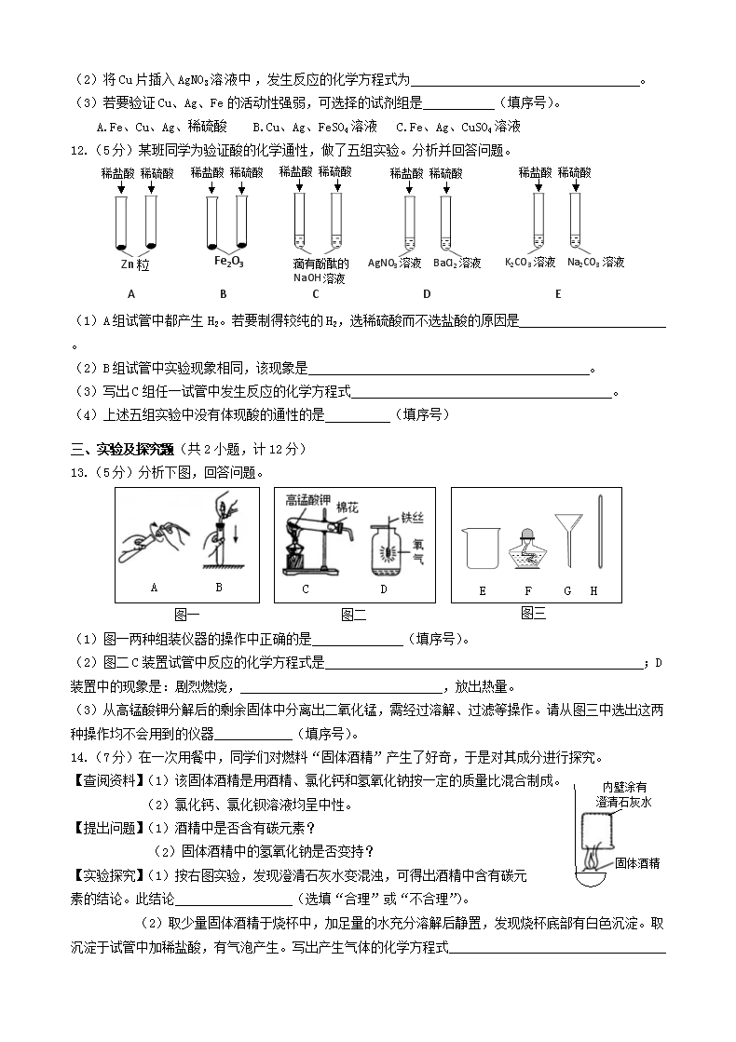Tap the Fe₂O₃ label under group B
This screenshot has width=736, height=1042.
pyautogui.click(x=228, y=262)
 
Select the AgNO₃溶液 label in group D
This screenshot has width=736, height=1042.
pyautogui.click(x=395, y=264)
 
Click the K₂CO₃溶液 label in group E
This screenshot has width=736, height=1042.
pyautogui.click(x=530, y=264)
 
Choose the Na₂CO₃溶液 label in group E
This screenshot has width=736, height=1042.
pyautogui.click(x=595, y=264)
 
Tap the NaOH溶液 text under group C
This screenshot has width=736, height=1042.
pyautogui.click(x=320, y=277)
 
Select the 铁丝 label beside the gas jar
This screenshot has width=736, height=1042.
pyautogui.click(x=413, y=516)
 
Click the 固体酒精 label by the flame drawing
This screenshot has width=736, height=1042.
pyautogui.click(x=637, y=863)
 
